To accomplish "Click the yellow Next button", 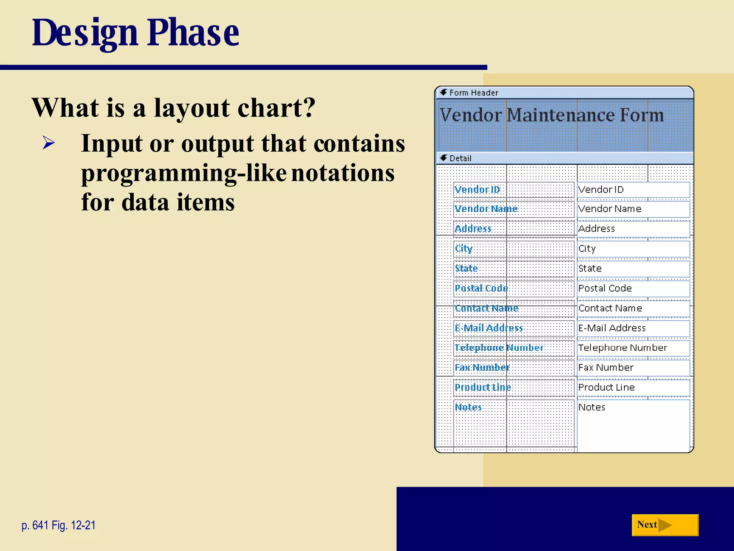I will pos(664,525).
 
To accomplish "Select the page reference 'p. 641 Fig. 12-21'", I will pos(59,525).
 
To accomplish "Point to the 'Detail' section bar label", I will pos(460,158).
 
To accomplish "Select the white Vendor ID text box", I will pos(633,190).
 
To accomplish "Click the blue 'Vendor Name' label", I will pos(486,209).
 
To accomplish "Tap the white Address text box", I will pos(633,229).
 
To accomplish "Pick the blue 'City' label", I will pos(463,249).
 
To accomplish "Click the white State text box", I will pos(633,268).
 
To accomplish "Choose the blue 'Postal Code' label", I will pos(481,288).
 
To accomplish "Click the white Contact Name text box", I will pos(633,308).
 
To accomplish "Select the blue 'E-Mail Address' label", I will pos(488,328).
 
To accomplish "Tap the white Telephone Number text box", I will pos(633,348).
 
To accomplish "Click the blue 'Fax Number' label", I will pos(482,367).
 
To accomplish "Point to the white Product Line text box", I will pos(633,387).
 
